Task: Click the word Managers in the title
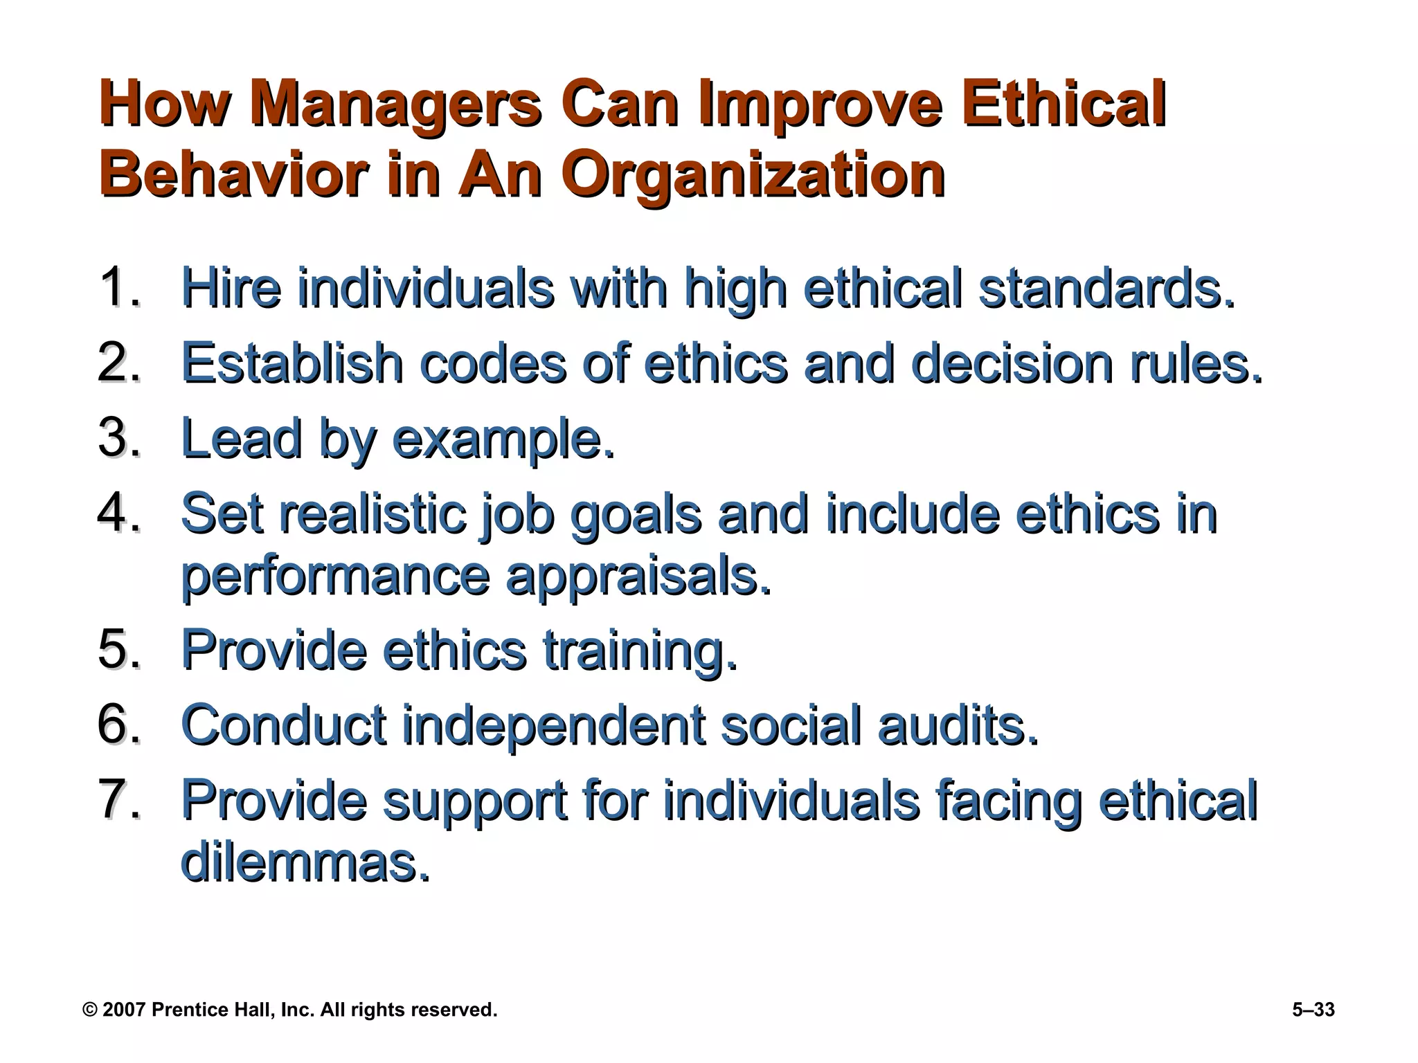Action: tap(395, 105)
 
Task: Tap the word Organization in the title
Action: tap(753, 174)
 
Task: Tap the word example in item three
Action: tap(503, 439)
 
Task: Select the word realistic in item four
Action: tap(373, 514)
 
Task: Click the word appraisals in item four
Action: tap(638, 577)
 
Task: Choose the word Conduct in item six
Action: tap(284, 726)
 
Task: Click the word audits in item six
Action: tap(958, 726)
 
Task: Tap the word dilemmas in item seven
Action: tap(305, 862)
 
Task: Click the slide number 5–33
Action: tap(1313, 1010)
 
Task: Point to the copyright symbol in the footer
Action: tap(90, 1010)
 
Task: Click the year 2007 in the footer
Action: tap(124, 1010)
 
